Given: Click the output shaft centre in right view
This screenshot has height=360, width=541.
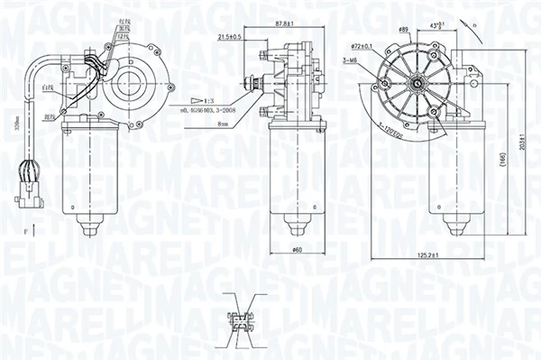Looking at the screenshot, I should tap(419, 86).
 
